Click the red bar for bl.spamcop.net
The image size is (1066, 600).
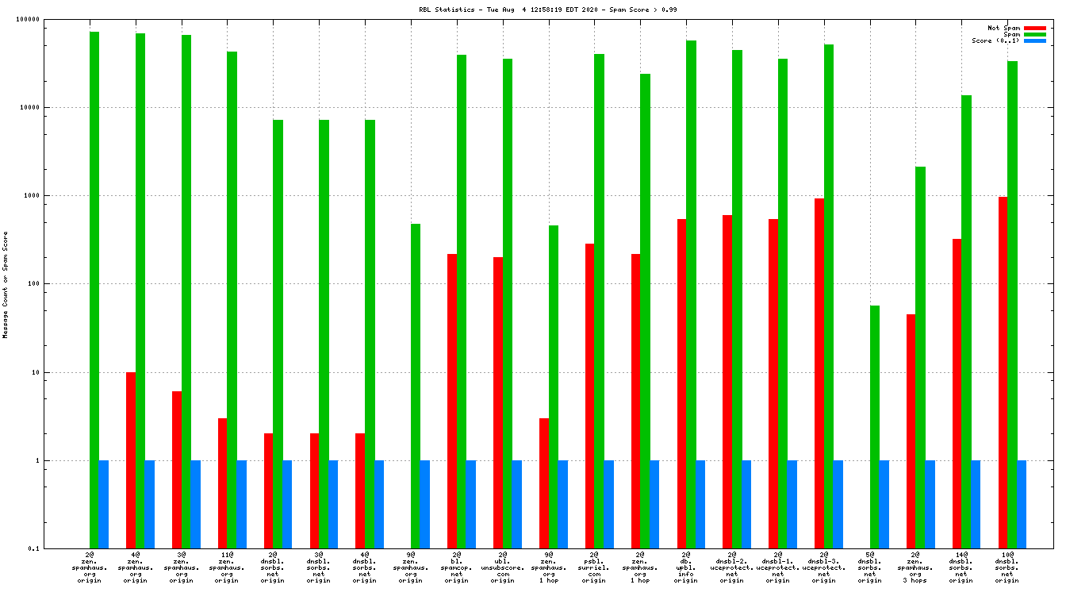[x=452, y=401]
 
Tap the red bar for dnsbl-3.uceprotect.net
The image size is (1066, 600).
[x=819, y=373]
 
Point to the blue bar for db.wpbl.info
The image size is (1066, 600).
[x=700, y=504]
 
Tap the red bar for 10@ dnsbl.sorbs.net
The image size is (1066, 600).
[x=1003, y=372]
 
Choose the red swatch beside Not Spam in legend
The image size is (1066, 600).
[x=1035, y=28]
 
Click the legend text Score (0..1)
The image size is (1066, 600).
[x=995, y=40]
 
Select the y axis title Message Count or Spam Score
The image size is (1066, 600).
[x=6, y=285]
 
